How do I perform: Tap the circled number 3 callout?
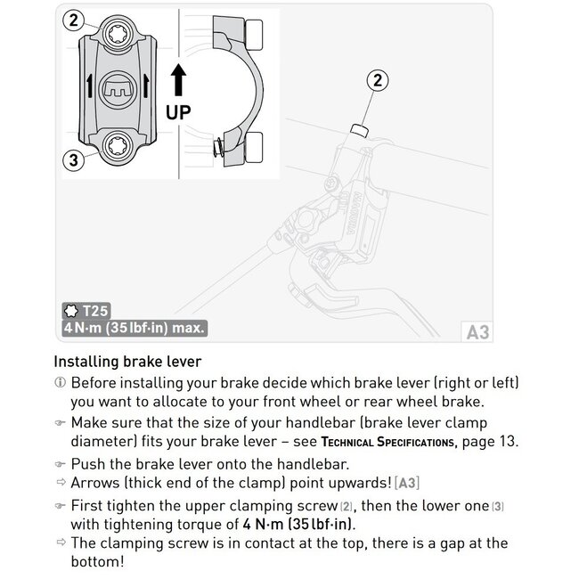[75, 160]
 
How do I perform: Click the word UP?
[178, 113]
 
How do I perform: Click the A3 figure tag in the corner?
[477, 332]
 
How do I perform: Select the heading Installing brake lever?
[127, 363]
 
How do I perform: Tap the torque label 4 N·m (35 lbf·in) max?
[135, 328]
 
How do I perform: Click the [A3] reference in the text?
[406, 483]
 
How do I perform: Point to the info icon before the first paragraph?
[60, 382]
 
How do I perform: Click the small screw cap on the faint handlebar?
[360, 131]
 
